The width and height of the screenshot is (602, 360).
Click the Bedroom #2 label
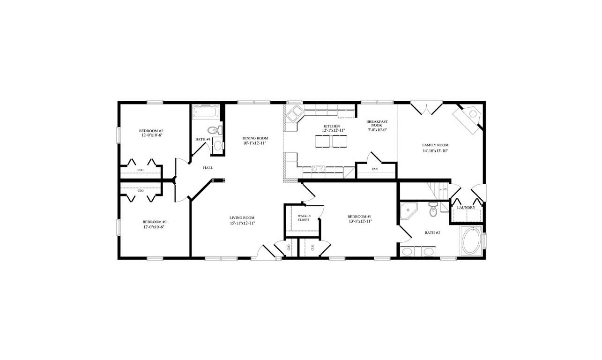151,131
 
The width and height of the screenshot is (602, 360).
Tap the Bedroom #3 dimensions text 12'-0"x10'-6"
154,227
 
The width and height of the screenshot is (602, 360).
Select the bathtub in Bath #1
205,112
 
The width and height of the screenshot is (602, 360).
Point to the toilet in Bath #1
214,130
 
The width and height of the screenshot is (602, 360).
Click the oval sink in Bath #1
218,145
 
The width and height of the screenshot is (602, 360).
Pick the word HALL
208,168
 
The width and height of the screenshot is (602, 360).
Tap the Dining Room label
255,138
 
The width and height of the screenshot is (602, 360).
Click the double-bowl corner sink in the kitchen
295,113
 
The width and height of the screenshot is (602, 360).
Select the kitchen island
331,141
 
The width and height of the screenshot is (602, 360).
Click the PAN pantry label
375,169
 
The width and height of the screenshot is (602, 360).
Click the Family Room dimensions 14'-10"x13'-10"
435,150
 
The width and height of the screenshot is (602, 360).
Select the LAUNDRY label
466,208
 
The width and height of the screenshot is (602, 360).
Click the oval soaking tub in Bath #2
471,241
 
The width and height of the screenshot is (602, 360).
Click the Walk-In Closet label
304,218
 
